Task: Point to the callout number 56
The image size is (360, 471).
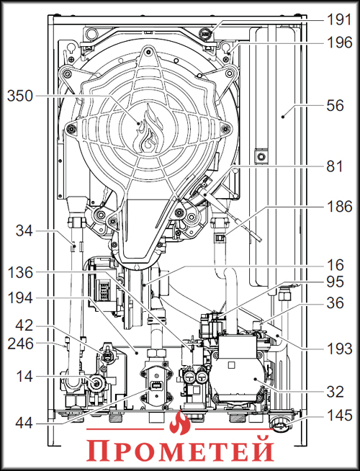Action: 335,104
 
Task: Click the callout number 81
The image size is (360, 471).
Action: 335,168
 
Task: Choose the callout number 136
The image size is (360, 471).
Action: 21,273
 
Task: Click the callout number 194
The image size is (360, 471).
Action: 21,297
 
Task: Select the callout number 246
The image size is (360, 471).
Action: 21,345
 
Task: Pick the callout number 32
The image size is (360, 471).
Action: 335,392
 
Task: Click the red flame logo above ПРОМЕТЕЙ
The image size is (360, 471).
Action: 181,426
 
